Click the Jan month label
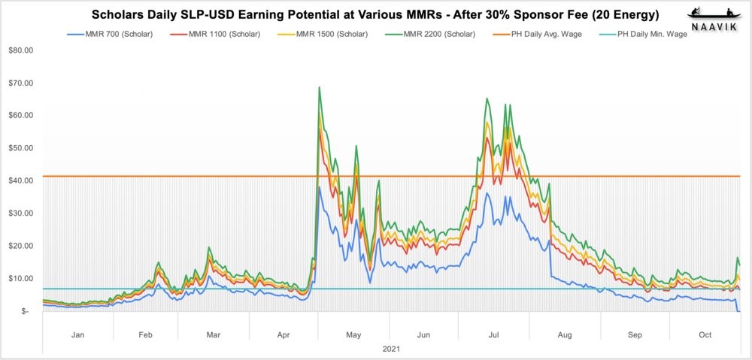pyautogui.click(x=78, y=335)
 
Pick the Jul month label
pyautogui.click(x=493, y=335)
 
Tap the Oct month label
pyautogui.click(x=705, y=335)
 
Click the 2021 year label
pyautogui.click(x=391, y=349)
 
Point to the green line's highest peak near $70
pyautogui.click(x=320, y=87)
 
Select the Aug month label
pyautogui.click(x=565, y=335)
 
